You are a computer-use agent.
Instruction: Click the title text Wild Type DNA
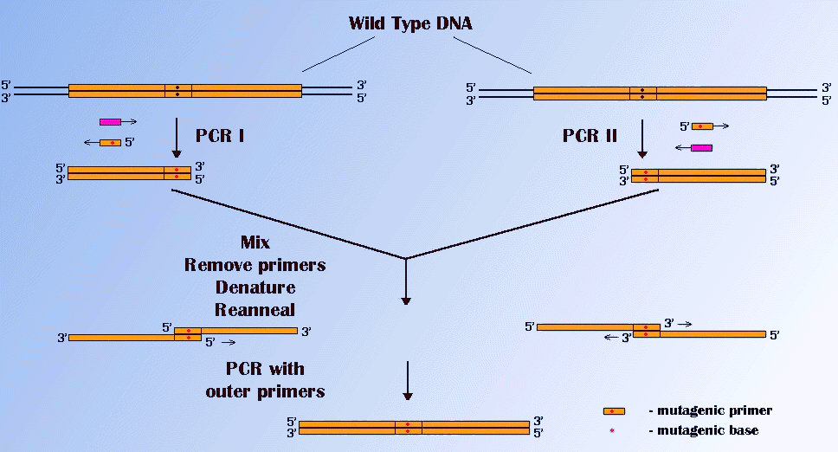(410, 23)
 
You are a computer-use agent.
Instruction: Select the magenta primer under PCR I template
(110, 122)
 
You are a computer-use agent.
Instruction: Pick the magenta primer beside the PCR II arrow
(701, 148)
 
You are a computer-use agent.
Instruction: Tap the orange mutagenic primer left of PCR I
(110, 142)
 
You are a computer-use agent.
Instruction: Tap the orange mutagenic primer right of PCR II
(701, 126)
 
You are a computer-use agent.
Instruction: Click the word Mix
(255, 243)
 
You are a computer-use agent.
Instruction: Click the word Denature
(255, 287)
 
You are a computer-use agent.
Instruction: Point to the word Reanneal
(255, 308)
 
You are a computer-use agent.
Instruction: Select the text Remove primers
(255, 265)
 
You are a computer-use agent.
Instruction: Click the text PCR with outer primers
(266, 380)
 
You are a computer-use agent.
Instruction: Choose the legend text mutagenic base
(702, 430)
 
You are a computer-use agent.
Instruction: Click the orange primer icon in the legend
(614, 410)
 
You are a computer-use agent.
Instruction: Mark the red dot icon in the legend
(613, 430)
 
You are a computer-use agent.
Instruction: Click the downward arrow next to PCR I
(177, 139)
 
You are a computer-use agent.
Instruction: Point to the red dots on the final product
(408, 427)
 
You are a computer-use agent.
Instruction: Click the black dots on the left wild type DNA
(177, 91)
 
